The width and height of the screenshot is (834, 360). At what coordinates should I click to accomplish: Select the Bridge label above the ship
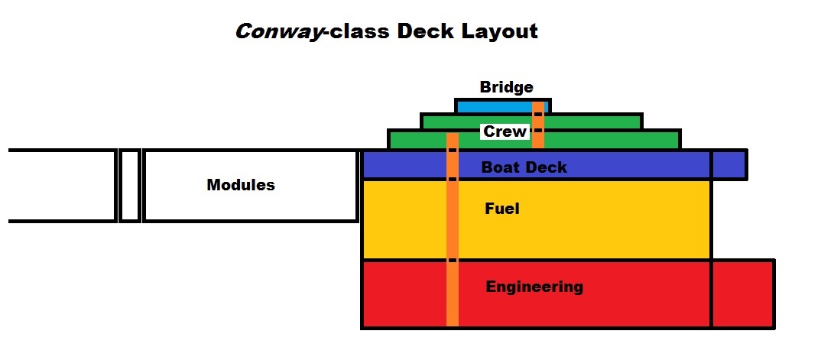pos(506,87)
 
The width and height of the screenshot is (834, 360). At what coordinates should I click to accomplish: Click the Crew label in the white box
pos(505,131)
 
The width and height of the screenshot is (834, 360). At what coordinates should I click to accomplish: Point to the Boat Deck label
pos(524,167)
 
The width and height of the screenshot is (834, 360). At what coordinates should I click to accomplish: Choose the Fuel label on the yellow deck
pos(502,207)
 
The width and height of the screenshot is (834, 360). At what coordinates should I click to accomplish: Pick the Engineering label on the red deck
pos(534,287)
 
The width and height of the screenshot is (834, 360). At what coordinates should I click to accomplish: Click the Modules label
pos(241,185)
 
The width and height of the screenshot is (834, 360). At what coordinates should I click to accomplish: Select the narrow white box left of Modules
pos(130,186)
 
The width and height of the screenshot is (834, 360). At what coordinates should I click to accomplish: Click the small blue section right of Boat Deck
pos(729,164)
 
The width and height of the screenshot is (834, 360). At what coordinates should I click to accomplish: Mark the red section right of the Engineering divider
pos(743,294)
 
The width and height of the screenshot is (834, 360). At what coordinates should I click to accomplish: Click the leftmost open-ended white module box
pos(61,186)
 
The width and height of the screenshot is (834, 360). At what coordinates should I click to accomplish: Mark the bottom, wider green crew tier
pos(612,140)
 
